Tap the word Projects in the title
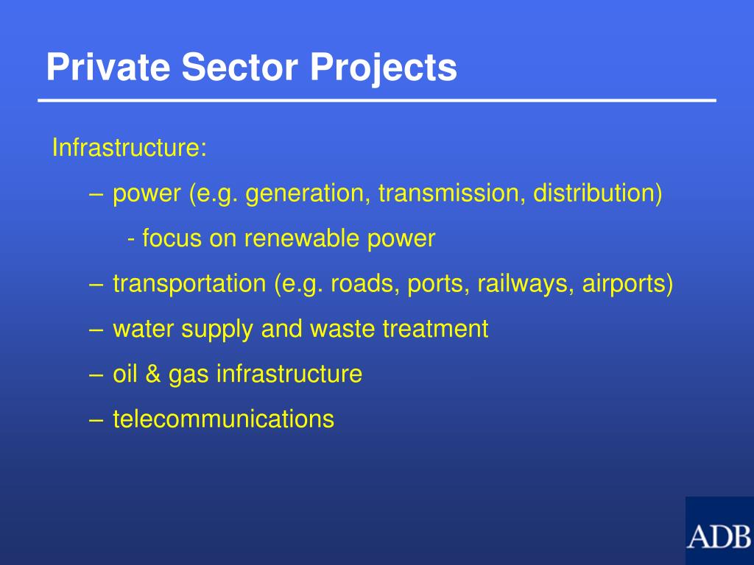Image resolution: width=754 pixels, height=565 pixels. (383, 69)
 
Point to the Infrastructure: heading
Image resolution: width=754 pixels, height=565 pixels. (129, 148)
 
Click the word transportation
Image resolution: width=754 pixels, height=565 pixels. (188, 284)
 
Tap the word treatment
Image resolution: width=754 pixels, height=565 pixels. (435, 329)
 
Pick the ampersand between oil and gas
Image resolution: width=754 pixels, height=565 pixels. (153, 374)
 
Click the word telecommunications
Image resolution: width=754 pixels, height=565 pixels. (223, 419)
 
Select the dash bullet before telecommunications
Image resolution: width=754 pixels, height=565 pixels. (94, 420)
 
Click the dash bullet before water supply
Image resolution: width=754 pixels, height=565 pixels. (94, 330)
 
